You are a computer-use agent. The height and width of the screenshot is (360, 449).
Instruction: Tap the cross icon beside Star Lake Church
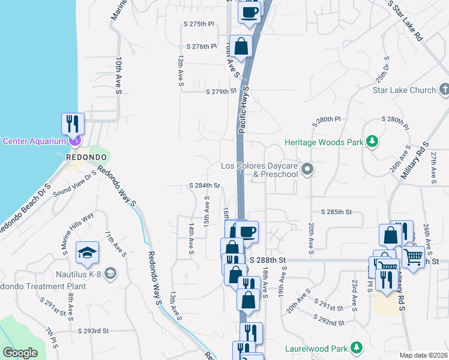[x=444, y=90]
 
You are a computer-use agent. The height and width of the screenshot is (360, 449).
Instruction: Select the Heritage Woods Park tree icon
[x=373, y=142]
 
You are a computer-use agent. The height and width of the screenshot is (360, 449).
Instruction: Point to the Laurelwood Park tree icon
[x=357, y=347]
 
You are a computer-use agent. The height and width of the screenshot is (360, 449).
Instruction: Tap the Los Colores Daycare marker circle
[x=308, y=170]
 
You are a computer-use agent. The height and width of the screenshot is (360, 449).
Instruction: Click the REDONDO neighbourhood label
[x=86, y=157]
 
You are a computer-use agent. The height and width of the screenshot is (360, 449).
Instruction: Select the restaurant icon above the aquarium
[x=73, y=124]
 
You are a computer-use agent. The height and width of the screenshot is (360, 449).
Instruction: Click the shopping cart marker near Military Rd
[x=413, y=257]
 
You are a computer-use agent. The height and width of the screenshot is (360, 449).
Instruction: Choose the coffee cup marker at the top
[x=250, y=12]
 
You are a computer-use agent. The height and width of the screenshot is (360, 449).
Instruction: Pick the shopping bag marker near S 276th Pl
[x=241, y=46]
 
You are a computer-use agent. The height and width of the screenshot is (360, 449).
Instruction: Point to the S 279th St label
[x=221, y=92]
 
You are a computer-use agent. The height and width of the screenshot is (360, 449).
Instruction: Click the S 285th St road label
[x=336, y=212]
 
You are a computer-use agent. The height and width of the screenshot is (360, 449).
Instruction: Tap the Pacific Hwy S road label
[x=243, y=108]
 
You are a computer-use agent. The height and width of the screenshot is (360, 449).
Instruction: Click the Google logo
[x=20, y=353]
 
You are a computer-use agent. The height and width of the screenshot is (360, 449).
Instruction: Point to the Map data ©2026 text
[x=424, y=355]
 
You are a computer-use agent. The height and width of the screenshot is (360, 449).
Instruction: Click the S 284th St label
[x=205, y=185]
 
